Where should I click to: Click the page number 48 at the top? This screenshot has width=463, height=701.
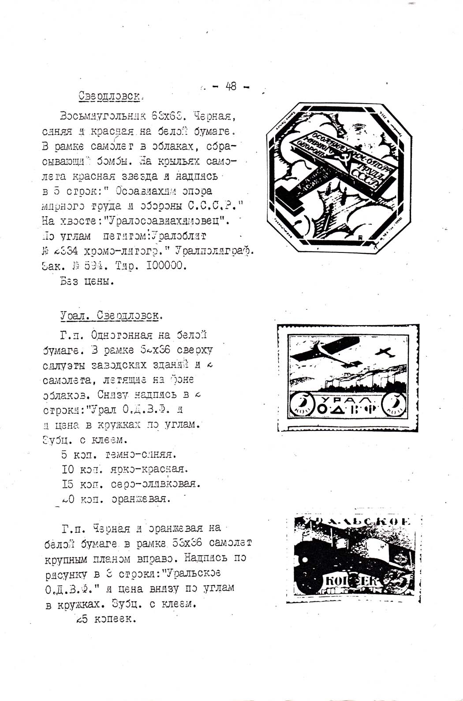click(x=231, y=86)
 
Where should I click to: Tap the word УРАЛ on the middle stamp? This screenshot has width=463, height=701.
click(x=347, y=399)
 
